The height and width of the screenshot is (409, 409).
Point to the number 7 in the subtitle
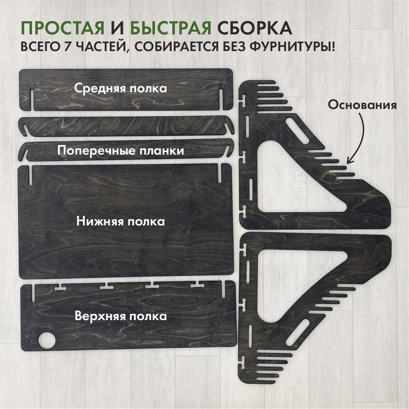tap(68, 46)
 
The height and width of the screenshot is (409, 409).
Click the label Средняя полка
tap(120, 88)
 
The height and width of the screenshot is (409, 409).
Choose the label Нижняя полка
tap(120, 221)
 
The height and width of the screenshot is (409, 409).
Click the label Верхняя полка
tap(121, 316)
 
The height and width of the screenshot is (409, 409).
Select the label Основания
tap(362, 105)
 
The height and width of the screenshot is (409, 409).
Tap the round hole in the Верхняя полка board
tap(47, 340)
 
